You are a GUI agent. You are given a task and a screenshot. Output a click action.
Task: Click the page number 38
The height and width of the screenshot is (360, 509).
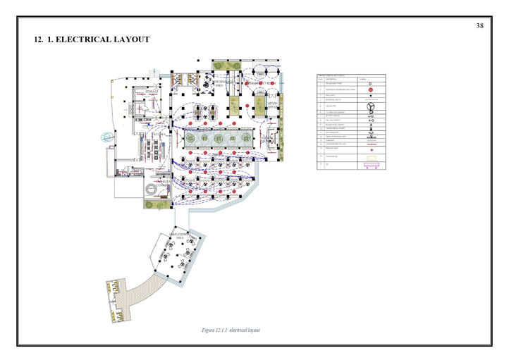pos(479,26)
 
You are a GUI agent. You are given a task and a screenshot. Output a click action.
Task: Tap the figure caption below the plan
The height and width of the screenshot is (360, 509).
pos(231,330)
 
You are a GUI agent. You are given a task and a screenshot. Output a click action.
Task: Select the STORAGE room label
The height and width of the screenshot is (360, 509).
pos(152,92)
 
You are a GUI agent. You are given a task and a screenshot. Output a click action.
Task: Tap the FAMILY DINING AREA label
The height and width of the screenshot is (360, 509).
pos(177,236)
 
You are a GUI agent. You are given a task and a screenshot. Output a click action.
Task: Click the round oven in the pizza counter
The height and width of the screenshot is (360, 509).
pos(152,191)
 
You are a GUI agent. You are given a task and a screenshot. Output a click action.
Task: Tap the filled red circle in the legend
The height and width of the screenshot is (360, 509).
pos(370,90)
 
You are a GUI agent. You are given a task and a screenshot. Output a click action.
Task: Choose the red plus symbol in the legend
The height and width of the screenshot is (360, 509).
pos(370,150)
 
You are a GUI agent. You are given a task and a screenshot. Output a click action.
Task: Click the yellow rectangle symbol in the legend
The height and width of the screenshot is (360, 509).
pos(370,158)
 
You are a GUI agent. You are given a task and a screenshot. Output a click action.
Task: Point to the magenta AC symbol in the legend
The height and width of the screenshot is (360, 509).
pos(370,166)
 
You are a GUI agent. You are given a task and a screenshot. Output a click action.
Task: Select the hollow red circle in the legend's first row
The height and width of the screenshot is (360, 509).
pos(370,83)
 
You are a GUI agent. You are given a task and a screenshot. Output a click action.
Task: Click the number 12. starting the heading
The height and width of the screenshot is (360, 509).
pos(39,39)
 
